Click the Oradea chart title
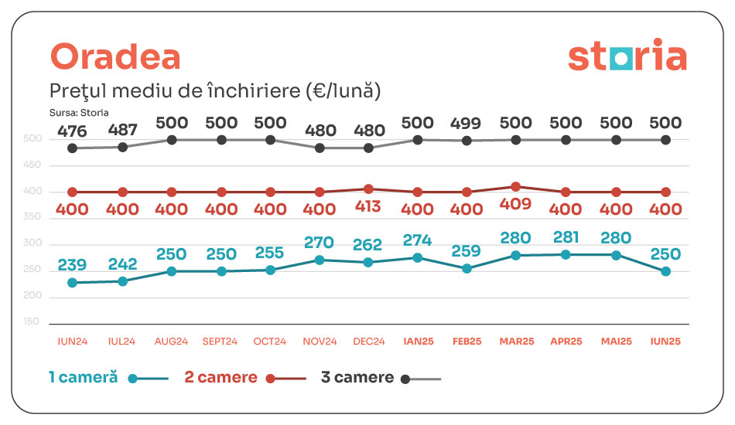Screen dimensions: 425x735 (115, 56)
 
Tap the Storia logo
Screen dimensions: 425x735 (627, 56)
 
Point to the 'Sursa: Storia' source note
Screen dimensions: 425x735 (78, 112)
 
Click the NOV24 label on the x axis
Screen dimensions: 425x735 (320, 342)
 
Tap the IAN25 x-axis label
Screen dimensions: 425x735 (417, 342)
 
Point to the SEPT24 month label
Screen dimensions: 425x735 (220, 342)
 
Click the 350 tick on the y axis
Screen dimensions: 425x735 (31, 218)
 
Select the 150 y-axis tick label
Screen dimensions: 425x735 (31, 321)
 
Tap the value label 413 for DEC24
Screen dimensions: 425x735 (367, 209)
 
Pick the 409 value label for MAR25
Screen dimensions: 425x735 (516, 209)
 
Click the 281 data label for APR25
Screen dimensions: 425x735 (566, 237)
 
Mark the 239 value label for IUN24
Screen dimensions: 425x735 (72, 265)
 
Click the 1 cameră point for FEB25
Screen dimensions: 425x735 (467, 268)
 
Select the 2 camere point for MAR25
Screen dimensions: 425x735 (516, 187)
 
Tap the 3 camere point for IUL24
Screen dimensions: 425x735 (122, 146)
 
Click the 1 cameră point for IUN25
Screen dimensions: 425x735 (665, 271)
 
